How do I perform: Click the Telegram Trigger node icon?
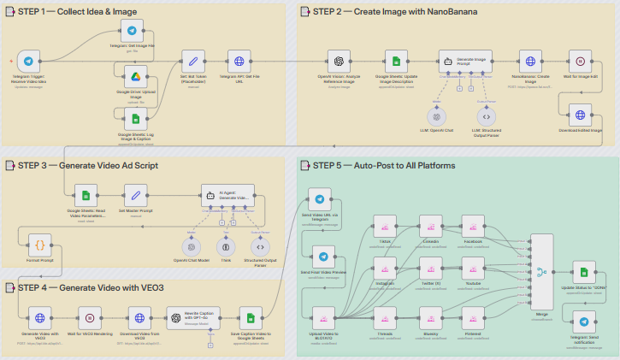point(29,62)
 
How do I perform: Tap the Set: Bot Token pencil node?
point(192,62)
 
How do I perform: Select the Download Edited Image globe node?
point(581,115)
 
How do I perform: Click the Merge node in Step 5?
point(540,274)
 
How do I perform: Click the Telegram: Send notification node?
point(584,322)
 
